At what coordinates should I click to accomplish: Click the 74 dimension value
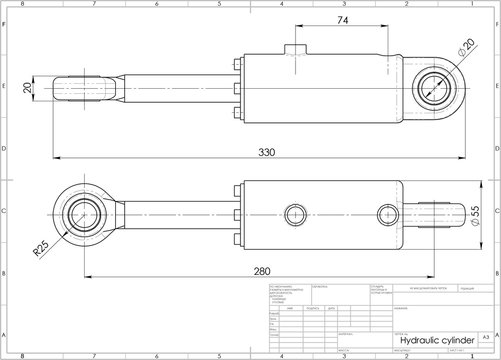(x=343, y=21)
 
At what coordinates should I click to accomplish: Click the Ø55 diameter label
(x=474, y=214)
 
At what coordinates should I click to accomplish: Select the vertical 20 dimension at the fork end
(x=28, y=87)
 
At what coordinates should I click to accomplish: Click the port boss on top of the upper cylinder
(x=294, y=51)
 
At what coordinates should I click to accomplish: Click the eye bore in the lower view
(x=80, y=214)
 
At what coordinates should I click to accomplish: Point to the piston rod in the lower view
(x=180, y=214)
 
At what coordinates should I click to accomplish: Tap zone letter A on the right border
(x=496, y=335)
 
